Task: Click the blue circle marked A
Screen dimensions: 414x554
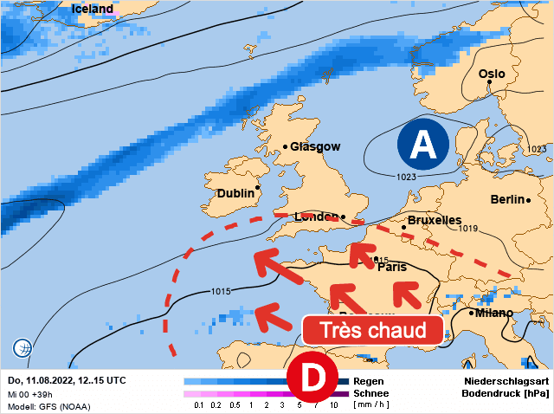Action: click(x=422, y=145)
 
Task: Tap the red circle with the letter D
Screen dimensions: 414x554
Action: click(x=312, y=377)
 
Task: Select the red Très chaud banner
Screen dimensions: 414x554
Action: click(x=373, y=329)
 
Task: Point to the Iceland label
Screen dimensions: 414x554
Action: click(x=93, y=10)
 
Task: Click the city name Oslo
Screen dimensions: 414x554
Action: click(x=492, y=74)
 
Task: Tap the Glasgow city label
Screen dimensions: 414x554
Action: click(x=315, y=146)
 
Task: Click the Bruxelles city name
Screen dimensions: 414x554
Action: click(x=435, y=221)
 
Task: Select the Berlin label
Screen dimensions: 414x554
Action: click(x=507, y=199)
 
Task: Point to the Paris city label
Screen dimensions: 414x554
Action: click(x=392, y=267)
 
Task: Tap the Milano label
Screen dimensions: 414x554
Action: click(x=493, y=312)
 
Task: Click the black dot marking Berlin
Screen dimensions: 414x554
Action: click(x=527, y=200)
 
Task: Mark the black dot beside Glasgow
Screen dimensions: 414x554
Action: click(x=286, y=147)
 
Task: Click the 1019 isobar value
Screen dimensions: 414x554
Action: click(x=468, y=229)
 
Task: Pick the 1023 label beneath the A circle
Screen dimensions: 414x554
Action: click(x=407, y=177)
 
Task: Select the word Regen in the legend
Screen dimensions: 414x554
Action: click(x=369, y=380)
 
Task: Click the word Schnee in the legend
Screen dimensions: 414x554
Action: click(x=372, y=392)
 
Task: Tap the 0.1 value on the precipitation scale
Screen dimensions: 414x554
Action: click(x=199, y=404)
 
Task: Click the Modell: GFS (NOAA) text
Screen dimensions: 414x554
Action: click(x=48, y=405)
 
